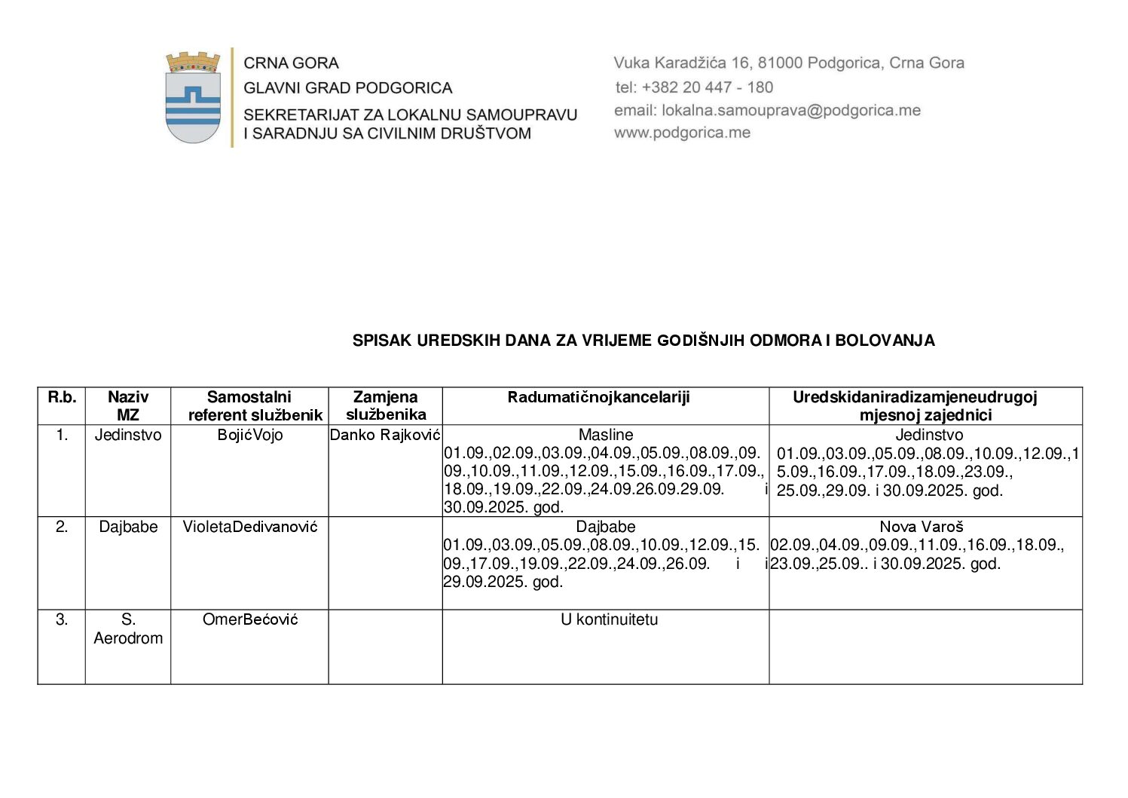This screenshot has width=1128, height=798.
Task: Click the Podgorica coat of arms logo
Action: pyautogui.click(x=193, y=97)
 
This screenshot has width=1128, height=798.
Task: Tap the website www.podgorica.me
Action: pyautogui.click(x=682, y=133)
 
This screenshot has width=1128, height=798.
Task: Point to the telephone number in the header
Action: pyautogui.click(x=694, y=87)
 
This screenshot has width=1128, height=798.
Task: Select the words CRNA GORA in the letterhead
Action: pyautogui.click(x=291, y=63)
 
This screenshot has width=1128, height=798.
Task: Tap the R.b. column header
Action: pyautogui.click(x=62, y=397)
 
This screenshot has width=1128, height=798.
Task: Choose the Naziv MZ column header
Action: pyautogui.click(x=128, y=405)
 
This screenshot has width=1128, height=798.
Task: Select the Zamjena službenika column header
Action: pyautogui.click(x=386, y=405)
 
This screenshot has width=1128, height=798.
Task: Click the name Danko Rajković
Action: pyautogui.click(x=385, y=435)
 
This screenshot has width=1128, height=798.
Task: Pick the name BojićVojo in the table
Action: pyautogui.click(x=250, y=435)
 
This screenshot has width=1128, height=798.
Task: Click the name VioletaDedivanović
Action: pyautogui.click(x=250, y=527)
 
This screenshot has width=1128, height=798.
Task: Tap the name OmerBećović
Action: pyautogui.click(x=250, y=619)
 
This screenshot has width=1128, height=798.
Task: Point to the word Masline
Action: pyautogui.click(x=606, y=435)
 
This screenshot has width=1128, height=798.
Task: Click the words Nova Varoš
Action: pyautogui.click(x=922, y=527)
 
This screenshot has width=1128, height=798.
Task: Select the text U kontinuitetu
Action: pyautogui.click(x=609, y=619)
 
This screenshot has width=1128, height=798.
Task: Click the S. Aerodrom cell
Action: pyautogui.click(x=128, y=628)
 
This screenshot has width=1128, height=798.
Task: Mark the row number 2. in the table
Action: pyautogui.click(x=62, y=527)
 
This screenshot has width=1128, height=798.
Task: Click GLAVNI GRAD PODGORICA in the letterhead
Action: pyautogui.click(x=347, y=88)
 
